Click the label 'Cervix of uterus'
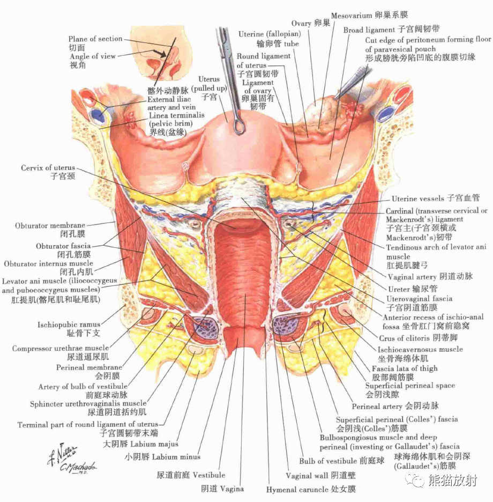tap(48, 168)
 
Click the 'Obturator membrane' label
tap(50, 226)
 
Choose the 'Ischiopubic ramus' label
tap(69, 324)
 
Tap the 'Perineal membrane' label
tap(89, 367)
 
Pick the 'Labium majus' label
tap(140, 444)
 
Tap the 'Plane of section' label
tap(95, 39)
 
